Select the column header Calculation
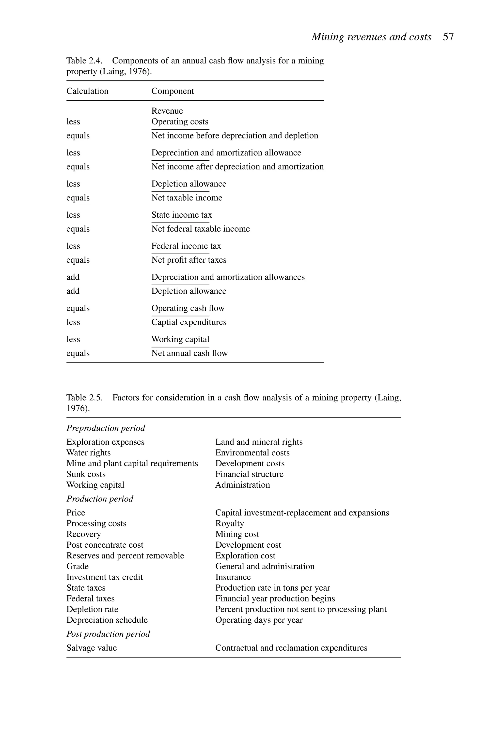click(x=87, y=91)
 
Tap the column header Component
click(x=173, y=91)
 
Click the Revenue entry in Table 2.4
click(x=167, y=111)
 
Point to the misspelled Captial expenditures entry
click(x=189, y=322)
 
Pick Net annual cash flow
click(x=189, y=353)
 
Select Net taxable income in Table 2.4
click(x=187, y=198)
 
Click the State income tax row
click(x=181, y=215)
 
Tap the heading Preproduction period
click(x=106, y=428)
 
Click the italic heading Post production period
click(x=108, y=634)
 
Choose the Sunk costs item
click(x=86, y=474)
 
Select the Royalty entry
click(x=230, y=524)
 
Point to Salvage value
click(x=92, y=648)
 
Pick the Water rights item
click(x=88, y=453)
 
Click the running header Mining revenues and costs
click(x=371, y=37)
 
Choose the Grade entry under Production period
click(x=77, y=566)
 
